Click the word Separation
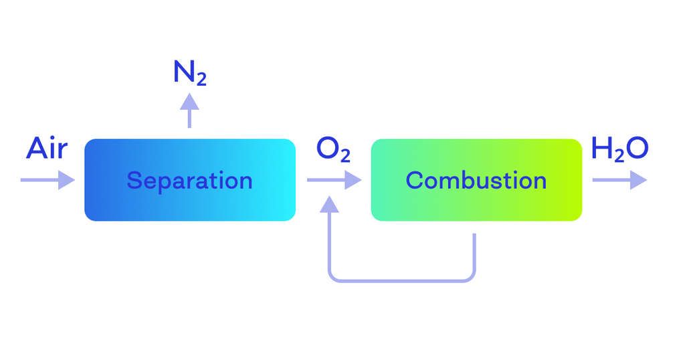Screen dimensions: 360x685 point(189,181)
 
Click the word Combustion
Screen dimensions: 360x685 point(476,181)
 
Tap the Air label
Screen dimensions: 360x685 point(47,149)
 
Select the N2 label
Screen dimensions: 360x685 point(189,74)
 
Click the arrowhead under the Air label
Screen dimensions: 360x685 point(66,180)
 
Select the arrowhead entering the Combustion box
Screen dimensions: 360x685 point(353,180)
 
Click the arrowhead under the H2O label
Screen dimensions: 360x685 point(639,180)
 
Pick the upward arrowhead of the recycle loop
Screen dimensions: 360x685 point(330,204)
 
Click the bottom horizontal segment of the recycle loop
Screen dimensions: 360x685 point(401,280)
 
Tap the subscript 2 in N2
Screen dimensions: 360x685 point(200,80)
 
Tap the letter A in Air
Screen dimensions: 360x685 point(37,149)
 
